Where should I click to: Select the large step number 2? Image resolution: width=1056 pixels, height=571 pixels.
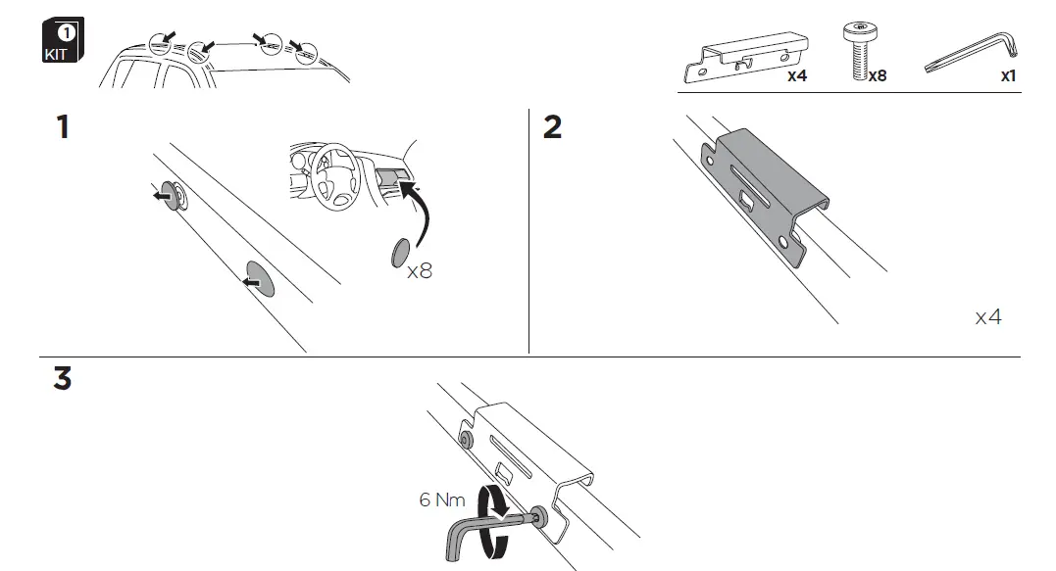coord(553,127)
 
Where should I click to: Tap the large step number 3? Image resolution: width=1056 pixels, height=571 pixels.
coord(63,379)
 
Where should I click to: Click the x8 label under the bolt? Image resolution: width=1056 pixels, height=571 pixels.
coord(877,75)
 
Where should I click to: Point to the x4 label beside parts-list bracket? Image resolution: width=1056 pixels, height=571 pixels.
coord(796,75)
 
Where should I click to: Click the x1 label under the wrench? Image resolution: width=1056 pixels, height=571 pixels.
coord(1008,75)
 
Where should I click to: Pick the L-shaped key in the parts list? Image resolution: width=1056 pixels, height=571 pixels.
coord(972,54)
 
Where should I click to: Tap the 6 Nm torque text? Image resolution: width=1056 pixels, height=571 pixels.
coord(441,500)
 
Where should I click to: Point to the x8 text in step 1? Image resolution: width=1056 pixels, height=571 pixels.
coord(419,271)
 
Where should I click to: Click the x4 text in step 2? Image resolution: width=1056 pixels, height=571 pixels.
coord(988,317)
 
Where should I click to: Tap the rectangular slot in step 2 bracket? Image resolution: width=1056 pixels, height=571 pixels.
coord(750,202)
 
